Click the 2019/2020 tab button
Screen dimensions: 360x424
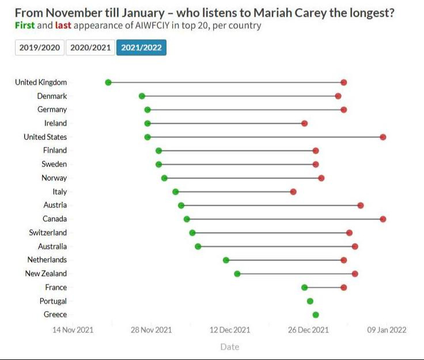pos(40,48)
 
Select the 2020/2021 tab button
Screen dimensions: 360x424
pos(90,48)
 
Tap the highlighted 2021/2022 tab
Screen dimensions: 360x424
pos(141,48)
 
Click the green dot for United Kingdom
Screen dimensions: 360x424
pos(108,82)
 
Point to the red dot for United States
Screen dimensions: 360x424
pos(383,137)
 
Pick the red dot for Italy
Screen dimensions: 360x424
pos(293,192)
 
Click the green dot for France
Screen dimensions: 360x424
pos(305,287)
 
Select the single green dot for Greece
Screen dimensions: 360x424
pos(316,314)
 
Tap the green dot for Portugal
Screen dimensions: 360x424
pos(310,301)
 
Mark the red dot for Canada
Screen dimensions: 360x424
pos(383,219)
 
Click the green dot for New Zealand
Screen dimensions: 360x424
pos(237,274)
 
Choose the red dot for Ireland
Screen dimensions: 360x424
pos(305,123)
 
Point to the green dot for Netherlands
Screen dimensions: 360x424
pos(226,260)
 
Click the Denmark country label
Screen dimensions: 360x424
pos(52,96)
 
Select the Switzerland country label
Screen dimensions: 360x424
pos(48,233)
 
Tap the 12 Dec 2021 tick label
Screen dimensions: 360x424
pos(230,330)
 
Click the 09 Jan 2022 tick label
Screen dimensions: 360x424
pos(387,330)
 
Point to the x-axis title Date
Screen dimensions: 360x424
pos(229,347)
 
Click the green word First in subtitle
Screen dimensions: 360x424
pos(24,25)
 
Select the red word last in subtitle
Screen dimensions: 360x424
pos(62,25)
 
